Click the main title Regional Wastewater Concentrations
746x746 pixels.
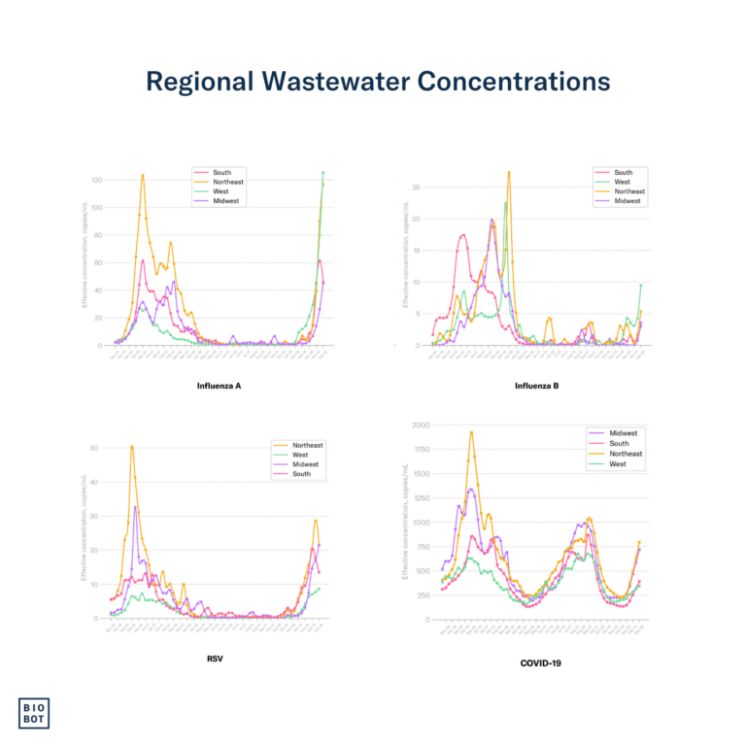(x=378, y=81)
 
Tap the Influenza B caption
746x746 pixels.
(x=536, y=386)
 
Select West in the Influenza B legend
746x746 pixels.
(x=623, y=182)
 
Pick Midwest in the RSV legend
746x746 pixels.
(x=306, y=464)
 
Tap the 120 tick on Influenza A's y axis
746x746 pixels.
(x=97, y=181)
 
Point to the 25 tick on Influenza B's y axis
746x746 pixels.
(x=418, y=187)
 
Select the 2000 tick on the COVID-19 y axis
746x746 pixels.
(x=420, y=425)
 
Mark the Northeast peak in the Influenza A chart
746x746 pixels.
(x=143, y=176)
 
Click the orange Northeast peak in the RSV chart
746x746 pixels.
(x=132, y=447)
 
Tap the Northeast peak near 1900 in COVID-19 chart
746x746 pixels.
(x=471, y=432)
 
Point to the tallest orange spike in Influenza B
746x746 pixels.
(x=509, y=173)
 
